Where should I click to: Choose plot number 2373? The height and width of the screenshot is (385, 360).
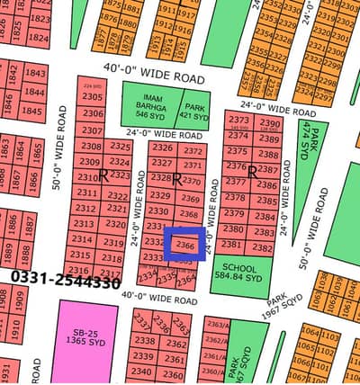tap(238, 121)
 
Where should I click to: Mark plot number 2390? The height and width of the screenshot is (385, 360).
tap(268, 122)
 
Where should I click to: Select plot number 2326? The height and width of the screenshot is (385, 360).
tap(162, 148)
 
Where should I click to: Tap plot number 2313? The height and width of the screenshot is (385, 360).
tap(84, 224)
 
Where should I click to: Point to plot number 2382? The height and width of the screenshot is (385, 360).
tap(261, 246)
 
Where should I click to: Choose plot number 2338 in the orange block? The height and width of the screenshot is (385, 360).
tap(143, 341)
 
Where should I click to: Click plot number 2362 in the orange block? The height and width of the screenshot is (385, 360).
tap(175, 344)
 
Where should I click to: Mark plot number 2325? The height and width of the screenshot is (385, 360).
tap(120, 146)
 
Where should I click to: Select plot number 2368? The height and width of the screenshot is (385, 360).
tap(188, 214)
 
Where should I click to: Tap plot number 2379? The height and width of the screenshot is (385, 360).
tap(233, 213)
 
